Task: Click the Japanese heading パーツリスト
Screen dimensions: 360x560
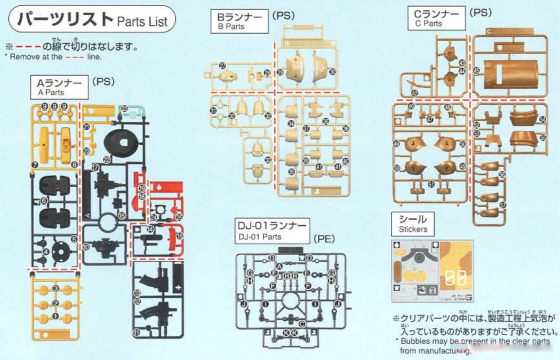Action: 65,19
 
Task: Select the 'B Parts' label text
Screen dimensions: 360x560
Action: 231,27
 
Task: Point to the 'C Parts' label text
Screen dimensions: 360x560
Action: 429,23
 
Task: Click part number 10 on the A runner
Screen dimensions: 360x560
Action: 86,265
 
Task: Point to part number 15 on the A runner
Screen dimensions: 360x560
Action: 180,237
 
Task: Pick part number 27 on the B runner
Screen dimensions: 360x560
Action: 222,66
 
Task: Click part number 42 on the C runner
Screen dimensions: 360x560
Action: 415,93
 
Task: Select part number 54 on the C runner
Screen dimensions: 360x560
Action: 542,118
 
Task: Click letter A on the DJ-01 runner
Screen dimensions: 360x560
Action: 279,266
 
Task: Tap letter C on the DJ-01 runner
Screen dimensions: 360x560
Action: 302,323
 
